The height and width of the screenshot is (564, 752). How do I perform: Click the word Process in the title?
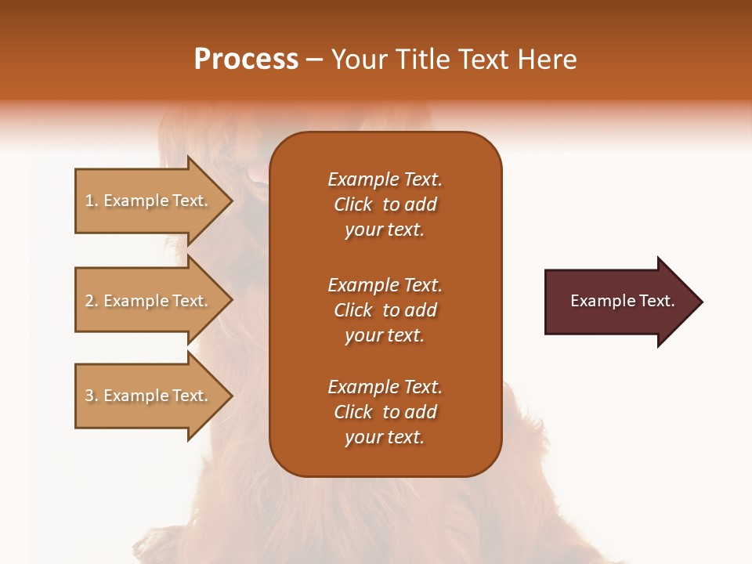(x=246, y=60)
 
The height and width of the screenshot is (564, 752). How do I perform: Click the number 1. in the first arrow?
(x=91, y=201)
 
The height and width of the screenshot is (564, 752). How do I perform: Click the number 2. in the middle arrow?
(x=91, y=301)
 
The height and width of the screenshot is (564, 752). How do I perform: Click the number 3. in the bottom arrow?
(x=91, y=396)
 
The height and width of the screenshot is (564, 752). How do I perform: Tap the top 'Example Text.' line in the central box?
(x=385, y=179)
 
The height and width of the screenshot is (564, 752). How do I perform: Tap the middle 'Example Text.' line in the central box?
(x=385, y=284)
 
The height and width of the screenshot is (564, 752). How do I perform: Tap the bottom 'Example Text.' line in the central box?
(x=385, y=387)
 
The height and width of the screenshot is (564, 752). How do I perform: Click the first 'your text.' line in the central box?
(x=385, y=230)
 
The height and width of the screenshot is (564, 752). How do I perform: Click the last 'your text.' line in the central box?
(x=385, y=438)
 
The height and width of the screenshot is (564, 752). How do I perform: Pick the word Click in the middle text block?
(x=352, y=310)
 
